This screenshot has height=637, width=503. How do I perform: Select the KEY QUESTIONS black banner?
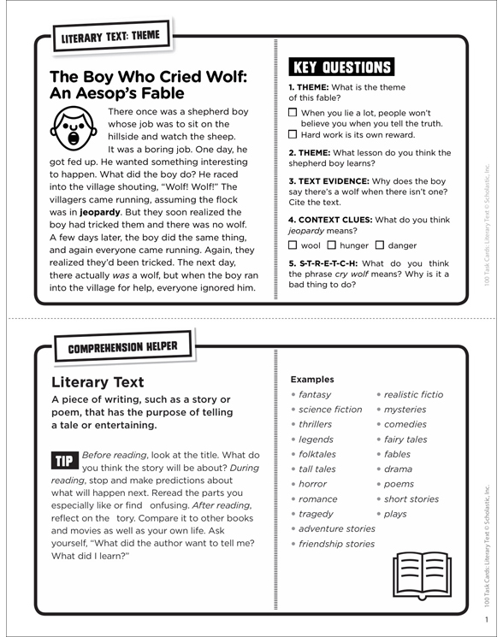[x=341, y=68]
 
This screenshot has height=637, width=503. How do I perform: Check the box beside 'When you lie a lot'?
[x=293, y=112]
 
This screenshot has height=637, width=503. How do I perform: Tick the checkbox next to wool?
[x=293, y=245]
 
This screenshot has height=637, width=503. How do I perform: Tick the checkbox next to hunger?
[x=332, y=245]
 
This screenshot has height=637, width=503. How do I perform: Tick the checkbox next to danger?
[x=381, y=245]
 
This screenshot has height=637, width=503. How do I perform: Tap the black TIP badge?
[x=65, y=461]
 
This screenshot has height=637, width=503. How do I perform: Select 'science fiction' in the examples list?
[x=330, y=410]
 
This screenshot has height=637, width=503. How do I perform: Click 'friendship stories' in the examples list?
[x=336, y=544]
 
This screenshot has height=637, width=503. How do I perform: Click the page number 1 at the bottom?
[x=485, y=619]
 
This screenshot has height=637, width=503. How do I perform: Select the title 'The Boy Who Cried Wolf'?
[x=148, y=77]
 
